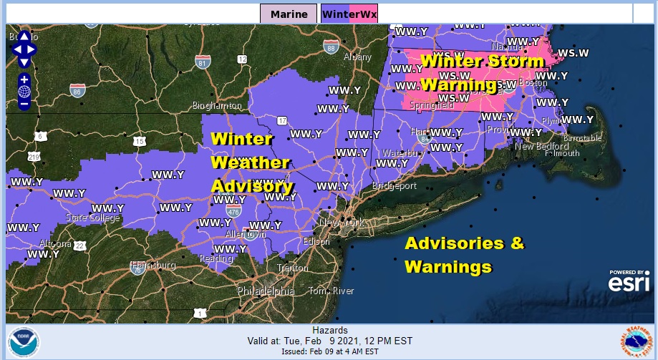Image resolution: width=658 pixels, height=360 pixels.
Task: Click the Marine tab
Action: click(x=289, y=14)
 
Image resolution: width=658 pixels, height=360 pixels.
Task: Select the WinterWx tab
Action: click(x=349, y=14)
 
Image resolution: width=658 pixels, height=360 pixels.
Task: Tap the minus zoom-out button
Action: click(x=24, y=104)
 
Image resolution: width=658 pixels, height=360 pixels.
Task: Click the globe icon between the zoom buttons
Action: click(x=24, y=92)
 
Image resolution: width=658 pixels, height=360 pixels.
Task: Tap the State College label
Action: click(x=92, y=218)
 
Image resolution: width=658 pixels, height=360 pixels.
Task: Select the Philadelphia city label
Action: click(x=266, y=291)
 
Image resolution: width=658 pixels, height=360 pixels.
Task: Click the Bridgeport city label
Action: click(x=395, y=186)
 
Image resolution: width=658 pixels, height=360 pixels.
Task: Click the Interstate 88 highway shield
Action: click(x=330, y=47)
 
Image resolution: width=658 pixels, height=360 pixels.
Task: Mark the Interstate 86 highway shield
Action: click(x=77, y=90)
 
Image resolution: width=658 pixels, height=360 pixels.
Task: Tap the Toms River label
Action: click(x=331, y=291)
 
